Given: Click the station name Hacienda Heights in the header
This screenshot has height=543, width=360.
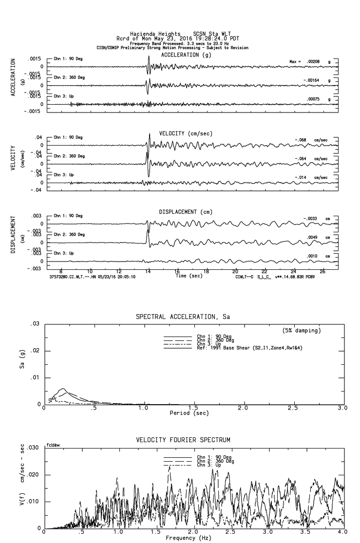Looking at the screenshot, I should tap(151, 34).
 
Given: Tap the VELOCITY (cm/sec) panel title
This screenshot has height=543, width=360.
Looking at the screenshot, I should tap(186, 133).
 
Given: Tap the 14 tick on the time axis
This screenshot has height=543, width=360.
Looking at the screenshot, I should tap(148, 271).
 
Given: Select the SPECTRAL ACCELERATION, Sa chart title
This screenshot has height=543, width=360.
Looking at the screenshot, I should tap(183, 317).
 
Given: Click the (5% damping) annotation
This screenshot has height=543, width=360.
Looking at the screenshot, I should tap(302, 331).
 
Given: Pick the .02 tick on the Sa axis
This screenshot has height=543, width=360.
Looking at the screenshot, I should tap(35, 351).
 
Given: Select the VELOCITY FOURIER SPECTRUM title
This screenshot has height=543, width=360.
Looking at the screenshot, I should tap(183, 440).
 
